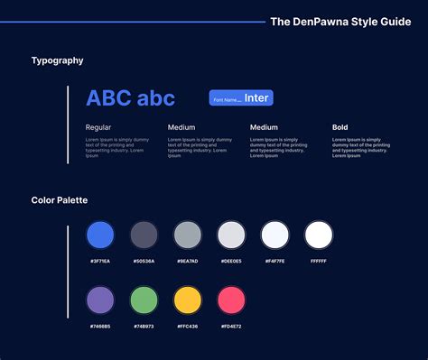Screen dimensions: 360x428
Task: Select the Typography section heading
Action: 58,60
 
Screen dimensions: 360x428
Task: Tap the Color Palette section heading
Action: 60,199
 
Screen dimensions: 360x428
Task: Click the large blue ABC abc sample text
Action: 130,98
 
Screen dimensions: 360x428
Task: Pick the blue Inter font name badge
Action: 240,98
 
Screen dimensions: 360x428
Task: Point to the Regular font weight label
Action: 98,128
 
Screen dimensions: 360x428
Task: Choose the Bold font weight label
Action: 340,128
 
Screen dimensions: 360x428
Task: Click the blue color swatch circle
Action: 100,235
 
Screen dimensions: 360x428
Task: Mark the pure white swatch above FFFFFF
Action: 319,235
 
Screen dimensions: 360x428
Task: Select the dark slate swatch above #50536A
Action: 144,235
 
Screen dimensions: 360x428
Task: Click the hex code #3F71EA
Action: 100,261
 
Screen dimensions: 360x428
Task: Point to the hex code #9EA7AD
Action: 187,261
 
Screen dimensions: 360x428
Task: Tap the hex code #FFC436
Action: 187,325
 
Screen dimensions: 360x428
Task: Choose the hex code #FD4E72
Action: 231,325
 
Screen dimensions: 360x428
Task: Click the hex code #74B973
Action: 144,325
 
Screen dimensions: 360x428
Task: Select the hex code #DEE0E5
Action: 231,261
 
